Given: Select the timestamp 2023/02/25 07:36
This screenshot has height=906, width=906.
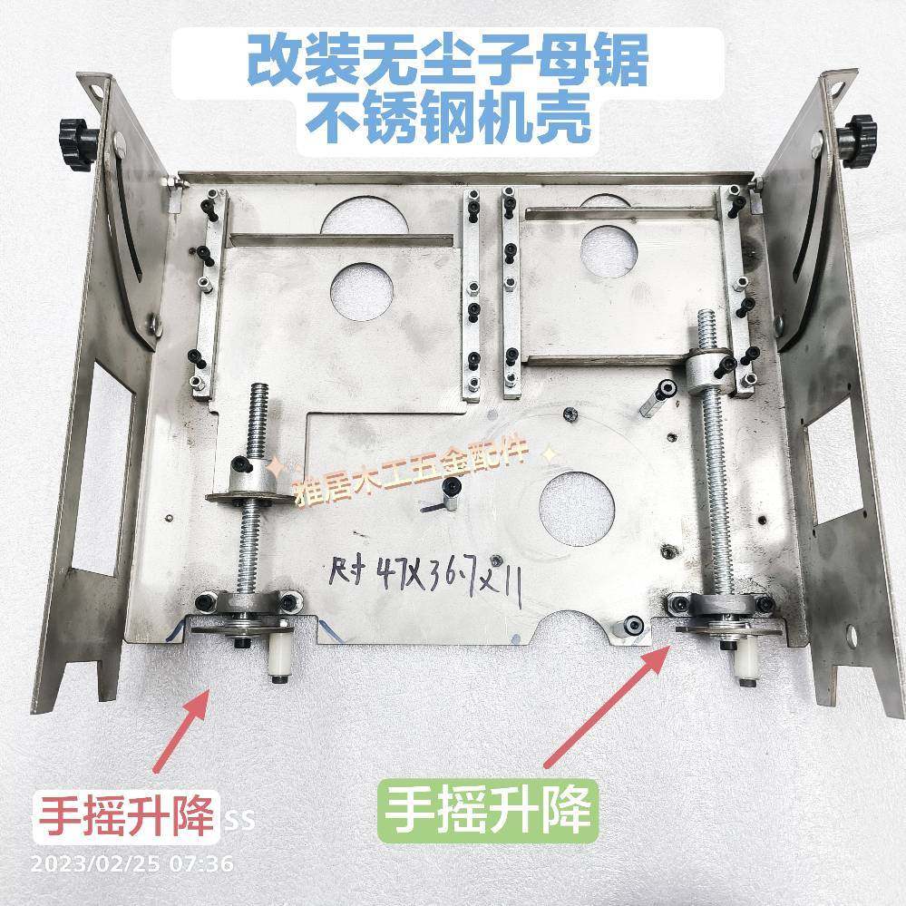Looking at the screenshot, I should pos(132,862).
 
